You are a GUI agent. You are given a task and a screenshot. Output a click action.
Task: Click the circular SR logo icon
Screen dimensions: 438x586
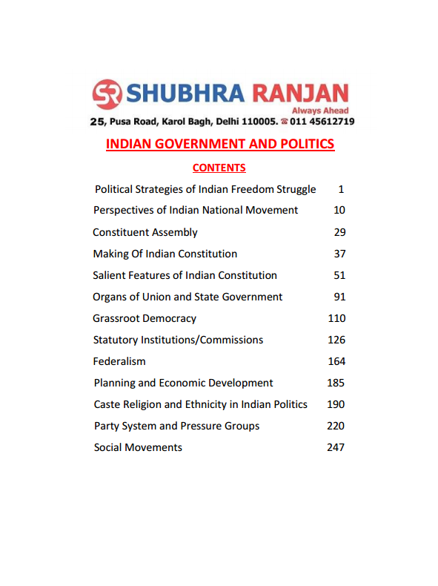coord(107,94)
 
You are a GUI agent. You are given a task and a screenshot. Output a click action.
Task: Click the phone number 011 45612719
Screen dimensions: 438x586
coord(322,121)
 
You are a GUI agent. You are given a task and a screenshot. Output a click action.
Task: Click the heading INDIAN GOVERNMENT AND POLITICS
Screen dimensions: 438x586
coord(220,144)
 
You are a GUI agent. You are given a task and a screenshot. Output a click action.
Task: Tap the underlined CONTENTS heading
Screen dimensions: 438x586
coord(219,168)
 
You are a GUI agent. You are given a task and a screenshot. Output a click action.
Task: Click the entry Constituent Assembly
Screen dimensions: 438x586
coord(145,232)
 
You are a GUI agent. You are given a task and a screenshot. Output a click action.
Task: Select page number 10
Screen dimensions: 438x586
coord(339,210)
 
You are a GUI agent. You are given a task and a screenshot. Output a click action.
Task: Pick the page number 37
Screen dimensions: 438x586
coord(339,254)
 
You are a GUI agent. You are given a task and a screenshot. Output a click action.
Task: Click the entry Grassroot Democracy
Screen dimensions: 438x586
coord(145,318)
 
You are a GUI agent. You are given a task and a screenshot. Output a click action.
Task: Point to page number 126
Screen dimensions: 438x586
coord(336,340)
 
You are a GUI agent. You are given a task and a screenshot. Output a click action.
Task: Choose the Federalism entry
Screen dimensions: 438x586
coord(119,361)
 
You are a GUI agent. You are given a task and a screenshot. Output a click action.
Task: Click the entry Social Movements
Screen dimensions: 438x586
coord(138,447)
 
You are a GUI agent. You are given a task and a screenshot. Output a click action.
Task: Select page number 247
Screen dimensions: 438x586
coord(336,447)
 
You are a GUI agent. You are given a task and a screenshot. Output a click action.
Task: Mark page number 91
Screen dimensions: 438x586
coord(339,297)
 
